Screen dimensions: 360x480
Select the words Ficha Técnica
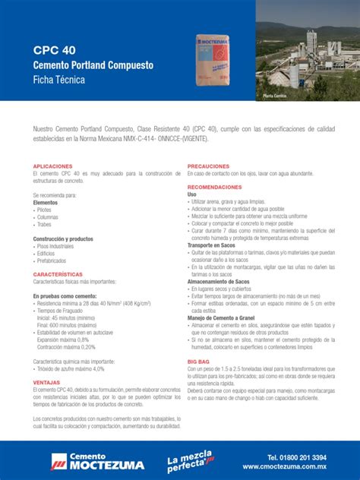tap(59, 80)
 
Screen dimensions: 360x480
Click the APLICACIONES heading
tap(52, 166)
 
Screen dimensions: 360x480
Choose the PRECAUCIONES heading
tap(209, 166)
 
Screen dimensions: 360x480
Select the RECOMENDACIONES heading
tap(215, 187)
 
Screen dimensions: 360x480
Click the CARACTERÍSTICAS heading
tap(58, 273)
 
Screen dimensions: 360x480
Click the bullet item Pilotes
tap(48, 210)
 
